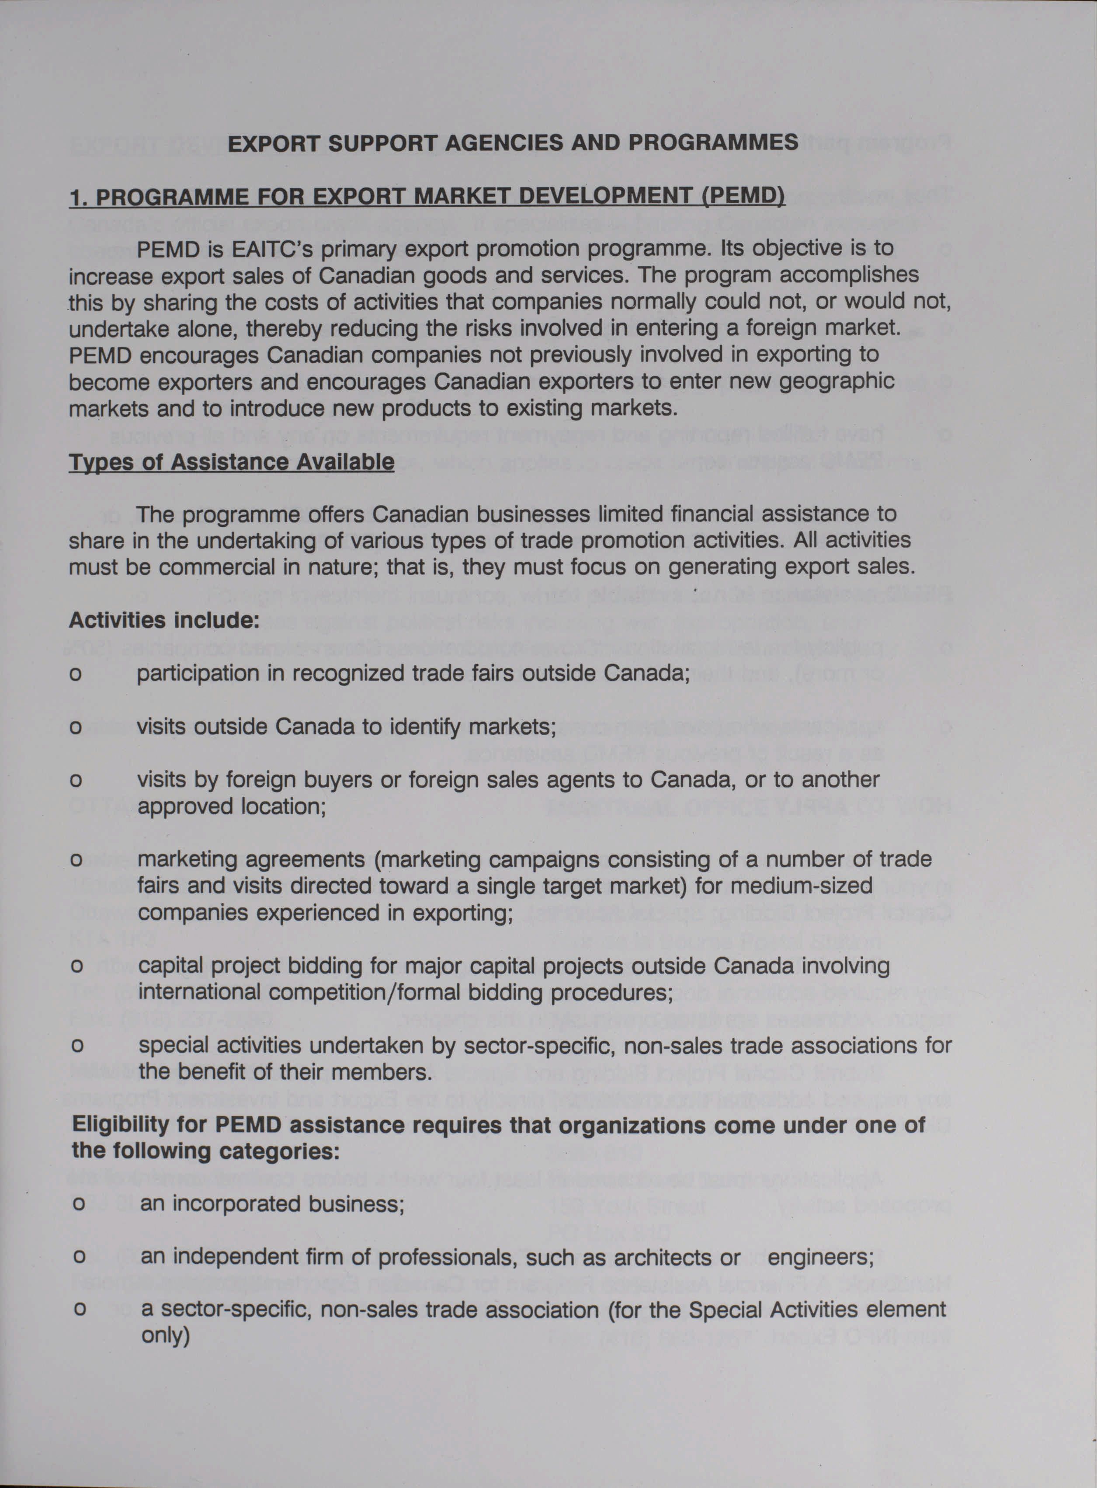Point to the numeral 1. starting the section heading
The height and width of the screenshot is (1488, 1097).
(78, 197)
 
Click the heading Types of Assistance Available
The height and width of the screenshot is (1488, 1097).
(231, 462)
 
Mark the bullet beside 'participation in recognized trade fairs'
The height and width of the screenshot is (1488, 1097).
(76, 674)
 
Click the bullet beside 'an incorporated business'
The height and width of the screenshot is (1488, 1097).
(78, 1204)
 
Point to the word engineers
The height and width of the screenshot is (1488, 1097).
(820, 1258)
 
